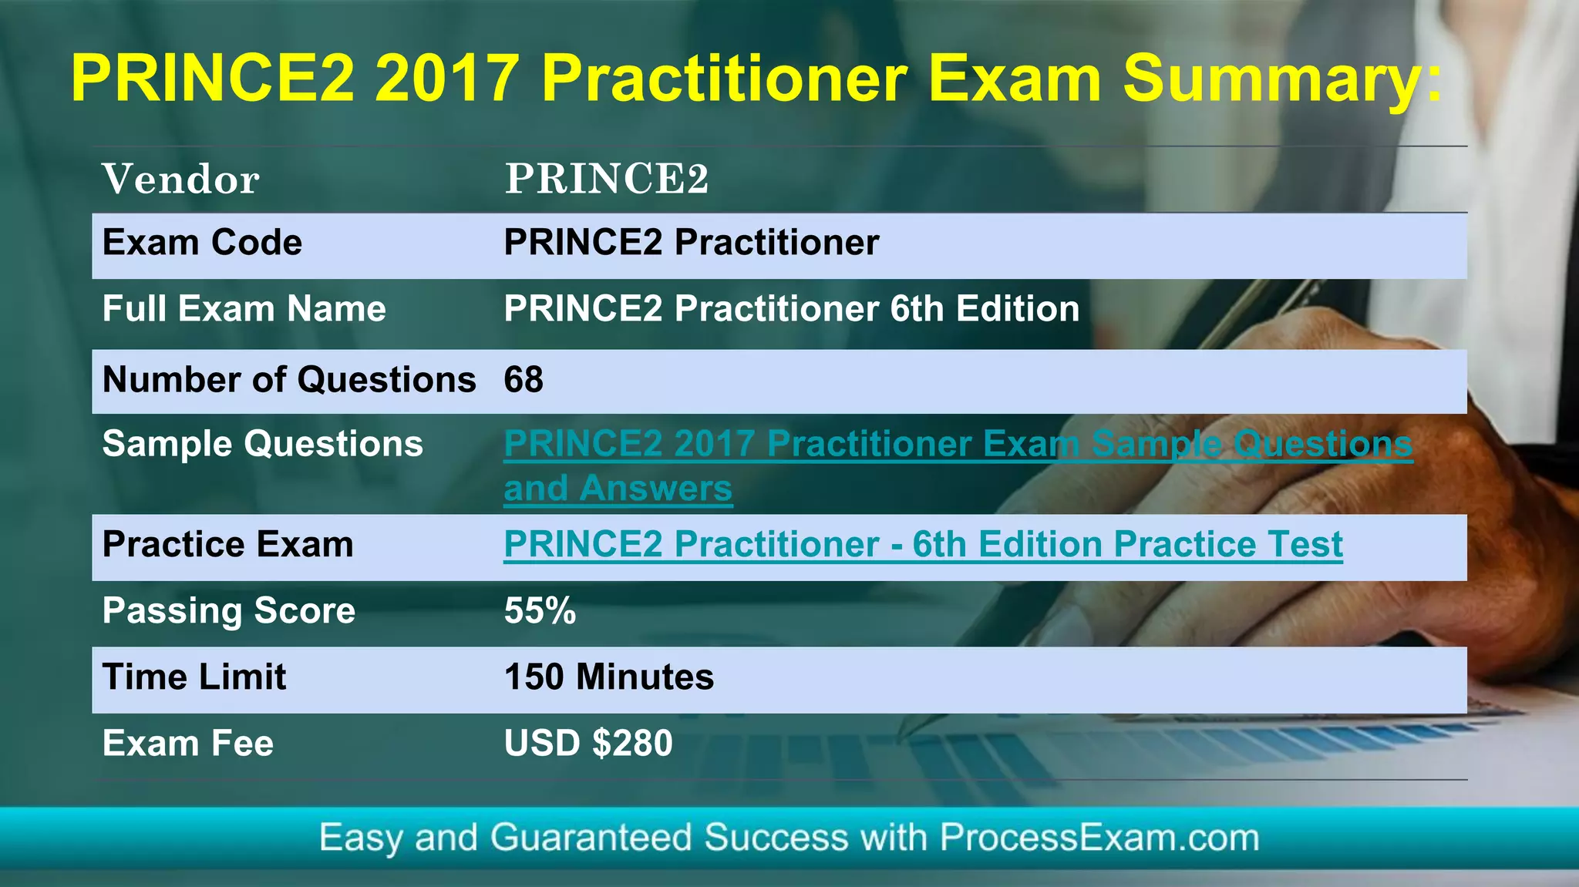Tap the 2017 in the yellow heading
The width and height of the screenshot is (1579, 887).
(x=446, y=79)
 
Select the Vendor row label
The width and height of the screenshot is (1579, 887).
(x=181, y=180)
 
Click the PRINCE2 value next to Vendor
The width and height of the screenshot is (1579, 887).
(x=606, y=180)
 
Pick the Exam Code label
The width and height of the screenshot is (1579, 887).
(x=202, y=243)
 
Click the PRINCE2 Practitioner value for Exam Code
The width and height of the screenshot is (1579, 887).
(x=691, y=243)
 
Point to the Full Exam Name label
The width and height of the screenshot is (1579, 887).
(x=244, y=309)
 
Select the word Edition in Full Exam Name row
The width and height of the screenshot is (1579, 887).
(x=1018, y=309)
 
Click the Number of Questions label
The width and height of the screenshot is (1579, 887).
(x=289, y=380)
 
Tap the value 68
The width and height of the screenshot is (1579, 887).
(x=524, y=380)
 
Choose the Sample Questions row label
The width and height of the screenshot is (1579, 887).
(x=262, y=444)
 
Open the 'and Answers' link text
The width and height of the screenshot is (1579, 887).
(x=618, y=489)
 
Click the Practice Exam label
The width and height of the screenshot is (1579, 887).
(x=227, y=545)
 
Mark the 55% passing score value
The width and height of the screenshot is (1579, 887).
(x=540, y=611)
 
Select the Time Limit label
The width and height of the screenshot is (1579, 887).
(x=194, y=677)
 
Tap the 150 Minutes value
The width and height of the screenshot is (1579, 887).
(x=608, y=677)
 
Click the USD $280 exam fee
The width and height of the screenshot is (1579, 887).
(x=587, y=744)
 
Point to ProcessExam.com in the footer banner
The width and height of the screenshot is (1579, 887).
(x=1099, y=838)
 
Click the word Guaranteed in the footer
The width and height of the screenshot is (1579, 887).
(x=591, y=838)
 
